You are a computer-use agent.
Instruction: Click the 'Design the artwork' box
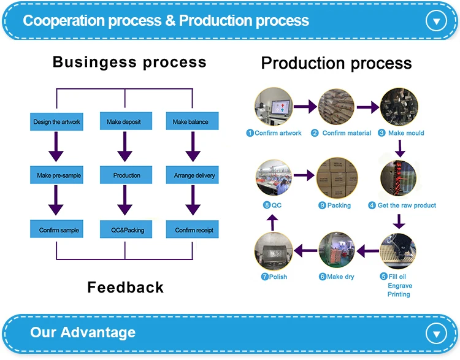(x=57, y=121)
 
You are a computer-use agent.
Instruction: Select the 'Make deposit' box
(x=124, y=121)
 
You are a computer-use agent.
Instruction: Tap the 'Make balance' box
(x=191, y=121)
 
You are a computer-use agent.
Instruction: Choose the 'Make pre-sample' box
(x=57, y=175)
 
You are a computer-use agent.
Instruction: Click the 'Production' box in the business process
(x=126, y=175)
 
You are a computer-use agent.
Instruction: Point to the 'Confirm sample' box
(x=59, y=230)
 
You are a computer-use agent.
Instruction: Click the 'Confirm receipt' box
(x=194, y=230)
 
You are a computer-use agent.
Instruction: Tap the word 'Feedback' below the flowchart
(x=126, y=287)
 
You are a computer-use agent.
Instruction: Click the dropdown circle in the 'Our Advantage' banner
(x=436, y=334)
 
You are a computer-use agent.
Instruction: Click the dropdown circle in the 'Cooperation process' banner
(x=436, y=21)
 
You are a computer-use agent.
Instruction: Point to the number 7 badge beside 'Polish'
(x=265, y=277)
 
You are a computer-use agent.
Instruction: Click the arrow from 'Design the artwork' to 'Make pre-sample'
(x=56, y=147)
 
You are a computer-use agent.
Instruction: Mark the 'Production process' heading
(x=336, y=63)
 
